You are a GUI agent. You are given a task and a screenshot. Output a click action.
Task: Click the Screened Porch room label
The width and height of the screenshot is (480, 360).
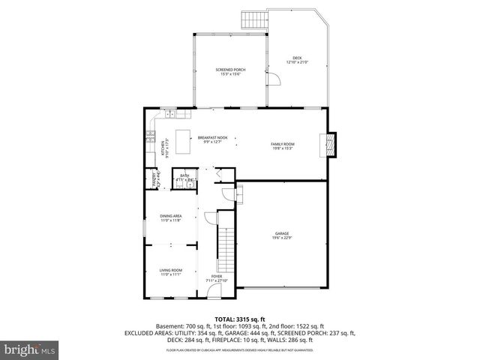[x=230, y=72]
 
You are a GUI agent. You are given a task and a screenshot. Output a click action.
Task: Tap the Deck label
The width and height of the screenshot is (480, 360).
[x=297, y=59]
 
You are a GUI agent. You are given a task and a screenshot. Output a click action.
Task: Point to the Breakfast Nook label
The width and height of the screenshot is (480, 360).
[x=212, y=139]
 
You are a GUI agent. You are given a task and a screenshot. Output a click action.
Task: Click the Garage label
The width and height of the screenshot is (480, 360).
[x=281, y=236]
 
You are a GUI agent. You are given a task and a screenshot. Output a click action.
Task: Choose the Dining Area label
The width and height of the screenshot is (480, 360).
[x=170, y=218]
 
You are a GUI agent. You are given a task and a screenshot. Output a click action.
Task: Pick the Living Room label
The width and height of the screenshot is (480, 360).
[x=170, y=272]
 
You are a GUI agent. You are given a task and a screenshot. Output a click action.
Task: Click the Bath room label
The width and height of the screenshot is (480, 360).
[x=184, y=178]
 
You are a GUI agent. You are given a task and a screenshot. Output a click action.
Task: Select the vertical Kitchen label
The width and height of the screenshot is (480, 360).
[x=163, y=148]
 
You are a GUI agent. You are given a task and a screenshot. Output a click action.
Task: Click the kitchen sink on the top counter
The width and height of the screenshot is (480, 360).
[x=172, y=114]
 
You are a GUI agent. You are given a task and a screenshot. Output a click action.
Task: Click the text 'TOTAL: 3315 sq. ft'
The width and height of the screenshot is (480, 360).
[x=240, y=319]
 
